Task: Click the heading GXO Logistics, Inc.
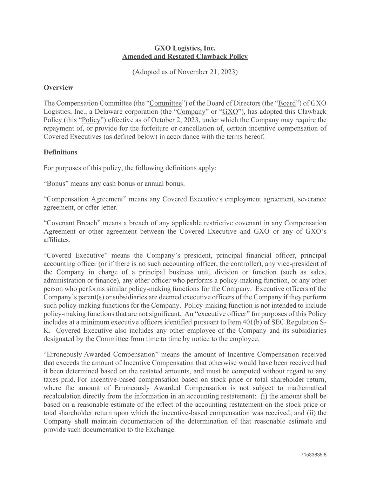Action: coord(185,48)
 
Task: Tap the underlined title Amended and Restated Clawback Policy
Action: coord(185,56)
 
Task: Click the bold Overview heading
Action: coord(58,87)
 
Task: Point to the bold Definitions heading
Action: coord(60,152)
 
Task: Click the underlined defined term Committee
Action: coord(166,103)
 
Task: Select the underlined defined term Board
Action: coord(287,103)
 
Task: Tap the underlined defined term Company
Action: coord(191,112)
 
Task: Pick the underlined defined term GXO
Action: coord(230,112)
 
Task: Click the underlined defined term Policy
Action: coord(91,120)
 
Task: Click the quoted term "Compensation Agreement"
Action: coord(85,199)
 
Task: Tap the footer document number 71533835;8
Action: coord(314,455)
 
